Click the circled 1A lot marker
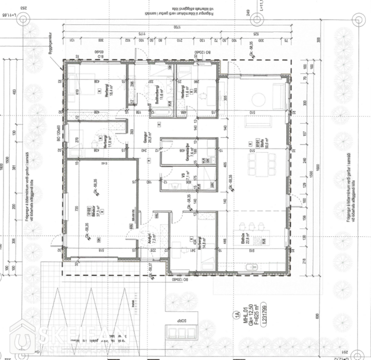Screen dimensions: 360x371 coord(236,316)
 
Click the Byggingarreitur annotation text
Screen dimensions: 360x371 coord(58,60)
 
